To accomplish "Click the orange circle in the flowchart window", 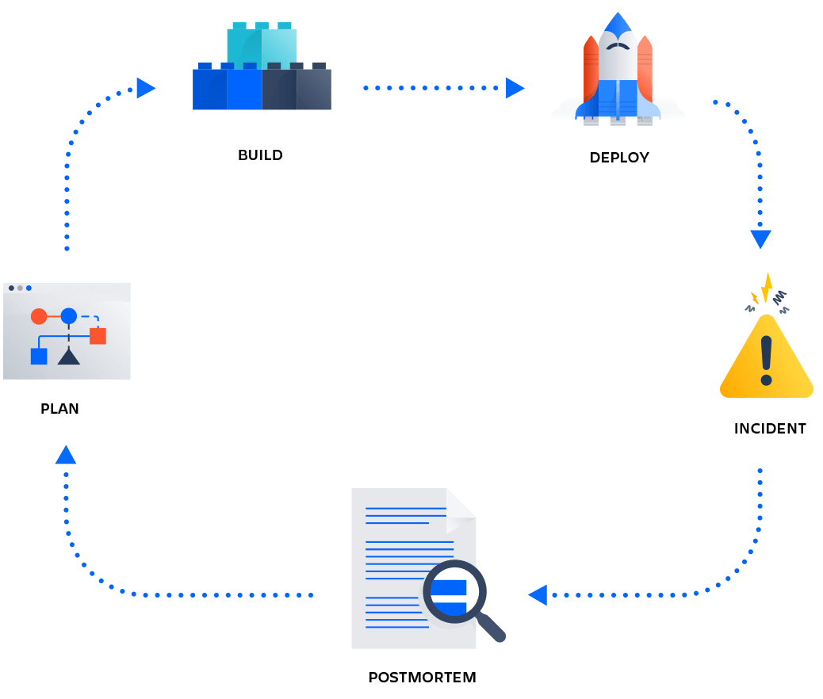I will click(x=39, y=316).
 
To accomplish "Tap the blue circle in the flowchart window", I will click(x=69, y=316).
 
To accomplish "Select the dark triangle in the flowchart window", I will click(x=69, y=356).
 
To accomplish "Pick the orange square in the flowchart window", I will click(x=98, y=336).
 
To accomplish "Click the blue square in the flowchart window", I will click(x=39, y=356).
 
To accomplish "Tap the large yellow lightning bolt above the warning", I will click(x=767, y=288).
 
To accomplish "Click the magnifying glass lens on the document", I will click(x=454, y=591).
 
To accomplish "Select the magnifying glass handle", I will click(x=492, y=629).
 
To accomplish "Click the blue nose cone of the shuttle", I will click(x=618, y=23).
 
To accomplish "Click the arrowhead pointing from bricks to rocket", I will click(x=515, y=88).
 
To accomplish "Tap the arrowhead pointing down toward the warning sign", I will click(x=760, y=239).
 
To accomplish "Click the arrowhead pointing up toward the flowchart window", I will click(x=66, y=456).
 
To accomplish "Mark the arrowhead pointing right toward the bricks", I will click(x=145, y=88).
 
